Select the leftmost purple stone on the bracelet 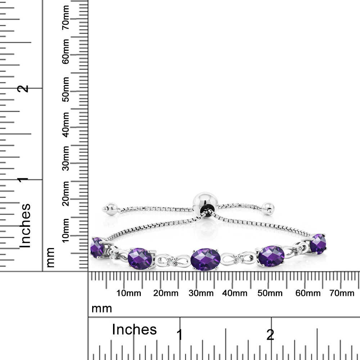click(x=97, y=247)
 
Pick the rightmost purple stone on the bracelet click(x=318, y=244)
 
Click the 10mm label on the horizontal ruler click(x=129, y=293)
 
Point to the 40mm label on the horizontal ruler click(x=235, y=293)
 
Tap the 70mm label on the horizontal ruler click(x=342, y=293)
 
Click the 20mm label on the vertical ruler click(x=66, y=193)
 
